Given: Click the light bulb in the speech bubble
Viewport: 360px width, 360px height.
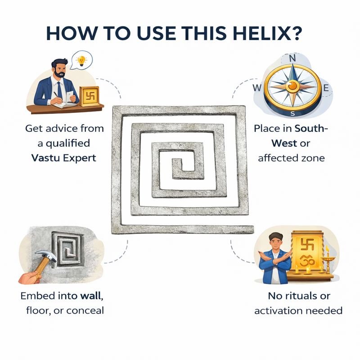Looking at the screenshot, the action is click(x=81, y=61).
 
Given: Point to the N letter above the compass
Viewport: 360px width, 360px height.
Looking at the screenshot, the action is click(x=292, y=58).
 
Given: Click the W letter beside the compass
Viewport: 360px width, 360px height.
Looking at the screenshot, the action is click(x=257, y=87).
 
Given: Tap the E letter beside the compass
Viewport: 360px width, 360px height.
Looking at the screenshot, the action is click(x=326, y=88).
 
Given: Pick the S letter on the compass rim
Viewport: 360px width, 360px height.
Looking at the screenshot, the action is click(x=292, y=113).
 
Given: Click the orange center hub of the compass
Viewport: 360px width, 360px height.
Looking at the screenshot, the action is click(x=292, y=86).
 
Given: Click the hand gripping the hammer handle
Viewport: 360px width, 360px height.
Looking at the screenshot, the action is click(x=30, y=277).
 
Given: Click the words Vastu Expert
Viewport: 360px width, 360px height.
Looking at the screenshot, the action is click(x=63, y=158).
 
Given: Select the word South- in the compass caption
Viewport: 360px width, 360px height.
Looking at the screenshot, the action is click(x=311, y=128).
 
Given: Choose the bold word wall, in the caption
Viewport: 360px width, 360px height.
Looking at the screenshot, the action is click(x=92, y=296).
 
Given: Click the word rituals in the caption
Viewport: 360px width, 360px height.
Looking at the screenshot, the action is click(x=299, y=296).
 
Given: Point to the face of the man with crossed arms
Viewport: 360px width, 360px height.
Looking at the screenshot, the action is click(x=275, y=243).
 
